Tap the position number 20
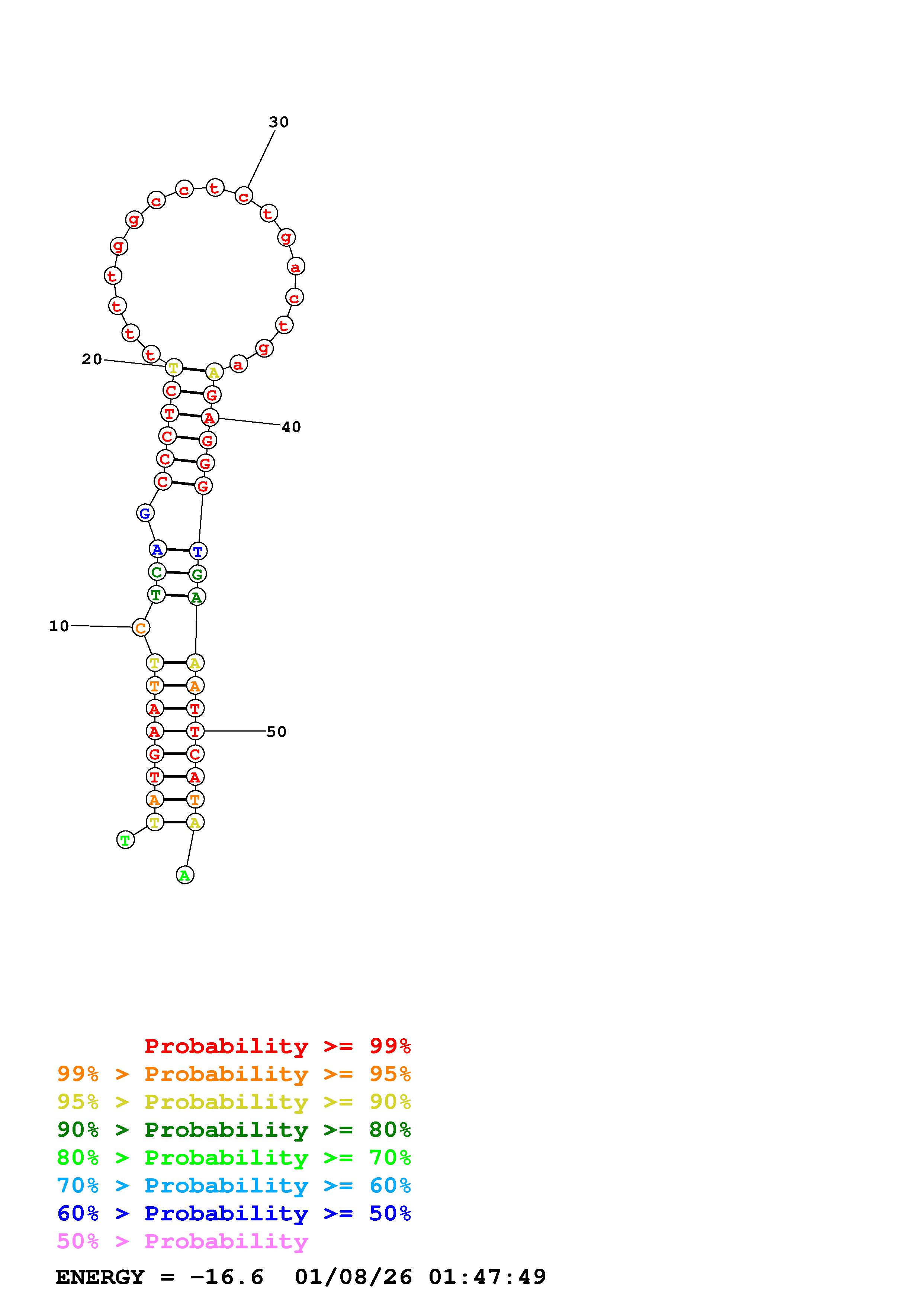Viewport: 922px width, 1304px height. point(91,359)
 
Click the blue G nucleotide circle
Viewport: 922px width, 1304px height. point(145,513)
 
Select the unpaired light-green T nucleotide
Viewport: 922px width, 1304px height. point(126,839)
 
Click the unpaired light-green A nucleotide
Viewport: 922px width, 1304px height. point(184,875)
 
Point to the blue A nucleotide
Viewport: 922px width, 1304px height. point(157,549)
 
